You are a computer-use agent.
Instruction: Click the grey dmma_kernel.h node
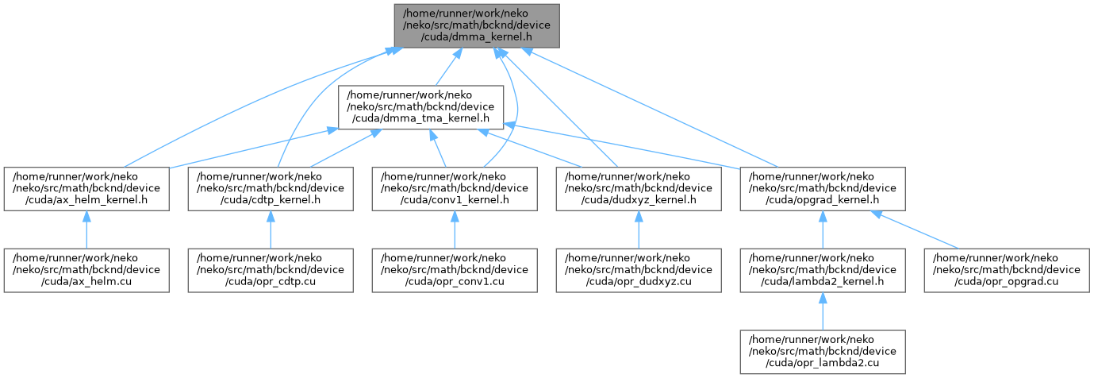[x=477, y=26]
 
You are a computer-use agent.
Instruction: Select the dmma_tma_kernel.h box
[x=421, y=107]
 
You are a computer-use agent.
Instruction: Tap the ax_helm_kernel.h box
[x=86, y=189]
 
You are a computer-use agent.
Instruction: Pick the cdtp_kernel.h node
[x=271, y=189]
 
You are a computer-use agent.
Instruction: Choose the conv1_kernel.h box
[x=455, y=189]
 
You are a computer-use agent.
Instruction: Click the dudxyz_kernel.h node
[x=639, y=189]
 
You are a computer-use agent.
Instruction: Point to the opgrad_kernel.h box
[x=823, y=189]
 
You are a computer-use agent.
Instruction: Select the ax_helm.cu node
[x=86, y=271]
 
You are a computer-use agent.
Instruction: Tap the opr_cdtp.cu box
[x=271, y=271]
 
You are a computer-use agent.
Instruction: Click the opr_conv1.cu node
[x=455, y=271]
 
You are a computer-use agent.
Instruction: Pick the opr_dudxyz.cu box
[x=639, y=271]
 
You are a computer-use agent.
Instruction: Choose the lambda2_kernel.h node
[x=823, y=271]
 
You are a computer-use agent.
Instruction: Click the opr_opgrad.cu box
[x=1007, y=271]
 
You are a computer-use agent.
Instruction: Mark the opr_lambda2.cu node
[x=823, y=352]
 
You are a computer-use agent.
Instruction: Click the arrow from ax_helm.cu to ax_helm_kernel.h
[x=86, y=229]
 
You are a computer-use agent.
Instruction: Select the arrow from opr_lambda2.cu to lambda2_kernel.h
[x=823, y=311]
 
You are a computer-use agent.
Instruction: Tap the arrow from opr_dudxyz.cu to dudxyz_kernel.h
[x=639, y=229]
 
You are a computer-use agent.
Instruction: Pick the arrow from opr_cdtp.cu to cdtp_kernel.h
[x=271, y=229]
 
